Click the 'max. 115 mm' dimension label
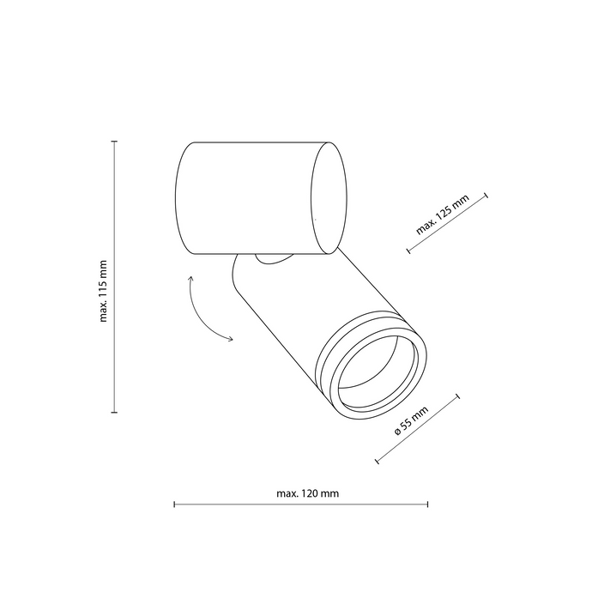[x=104, y=291]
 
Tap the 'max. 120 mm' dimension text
[x=308, y=493]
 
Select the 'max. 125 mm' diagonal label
[x=442, y=214]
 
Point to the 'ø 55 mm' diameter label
[x=411, y=421]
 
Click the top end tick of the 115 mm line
[x=115, y=142]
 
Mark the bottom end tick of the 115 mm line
[x=115, y=413]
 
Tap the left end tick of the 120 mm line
[x=174, y=504]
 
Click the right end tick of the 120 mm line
[x=427, y=504]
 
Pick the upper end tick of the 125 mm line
[x=486, y=196]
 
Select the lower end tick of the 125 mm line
[x=408, y=251]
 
